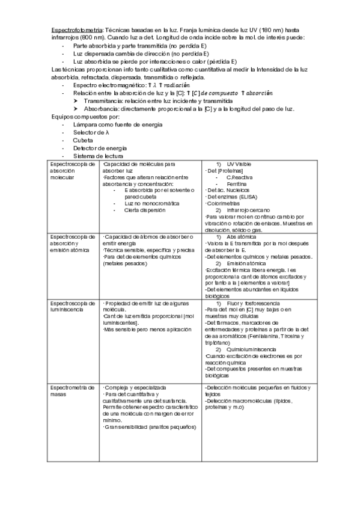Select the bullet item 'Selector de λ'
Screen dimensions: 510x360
(x=93, y=132)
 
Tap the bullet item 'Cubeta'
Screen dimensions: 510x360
(x=83, y=140)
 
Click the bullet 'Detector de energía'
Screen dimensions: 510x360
(x=100, y=147)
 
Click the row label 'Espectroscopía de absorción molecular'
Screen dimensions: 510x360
(x=73, y=171)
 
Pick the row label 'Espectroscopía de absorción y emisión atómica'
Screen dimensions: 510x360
(x=73, y=244)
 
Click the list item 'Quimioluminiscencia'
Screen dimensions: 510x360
(x=252, y=349)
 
